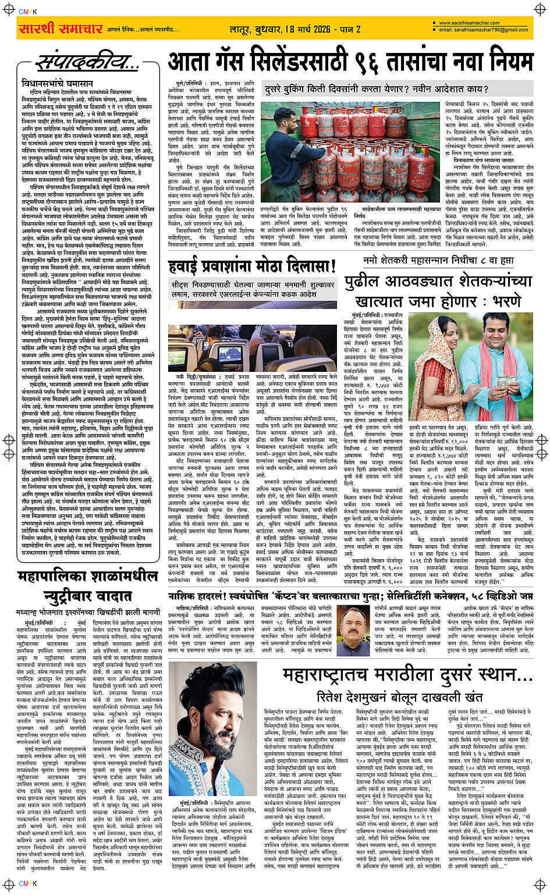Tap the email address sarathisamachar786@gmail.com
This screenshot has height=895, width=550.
(483, 30)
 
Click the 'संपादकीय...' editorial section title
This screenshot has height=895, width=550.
(87, 62)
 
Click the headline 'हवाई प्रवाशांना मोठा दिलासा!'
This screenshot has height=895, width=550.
(253, 267)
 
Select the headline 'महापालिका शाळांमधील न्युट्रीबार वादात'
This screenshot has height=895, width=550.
(87, 588)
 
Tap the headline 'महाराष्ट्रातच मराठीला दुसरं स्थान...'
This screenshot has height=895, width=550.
(407, 675)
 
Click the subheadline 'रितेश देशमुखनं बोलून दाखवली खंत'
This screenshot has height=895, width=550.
(400, 697)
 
